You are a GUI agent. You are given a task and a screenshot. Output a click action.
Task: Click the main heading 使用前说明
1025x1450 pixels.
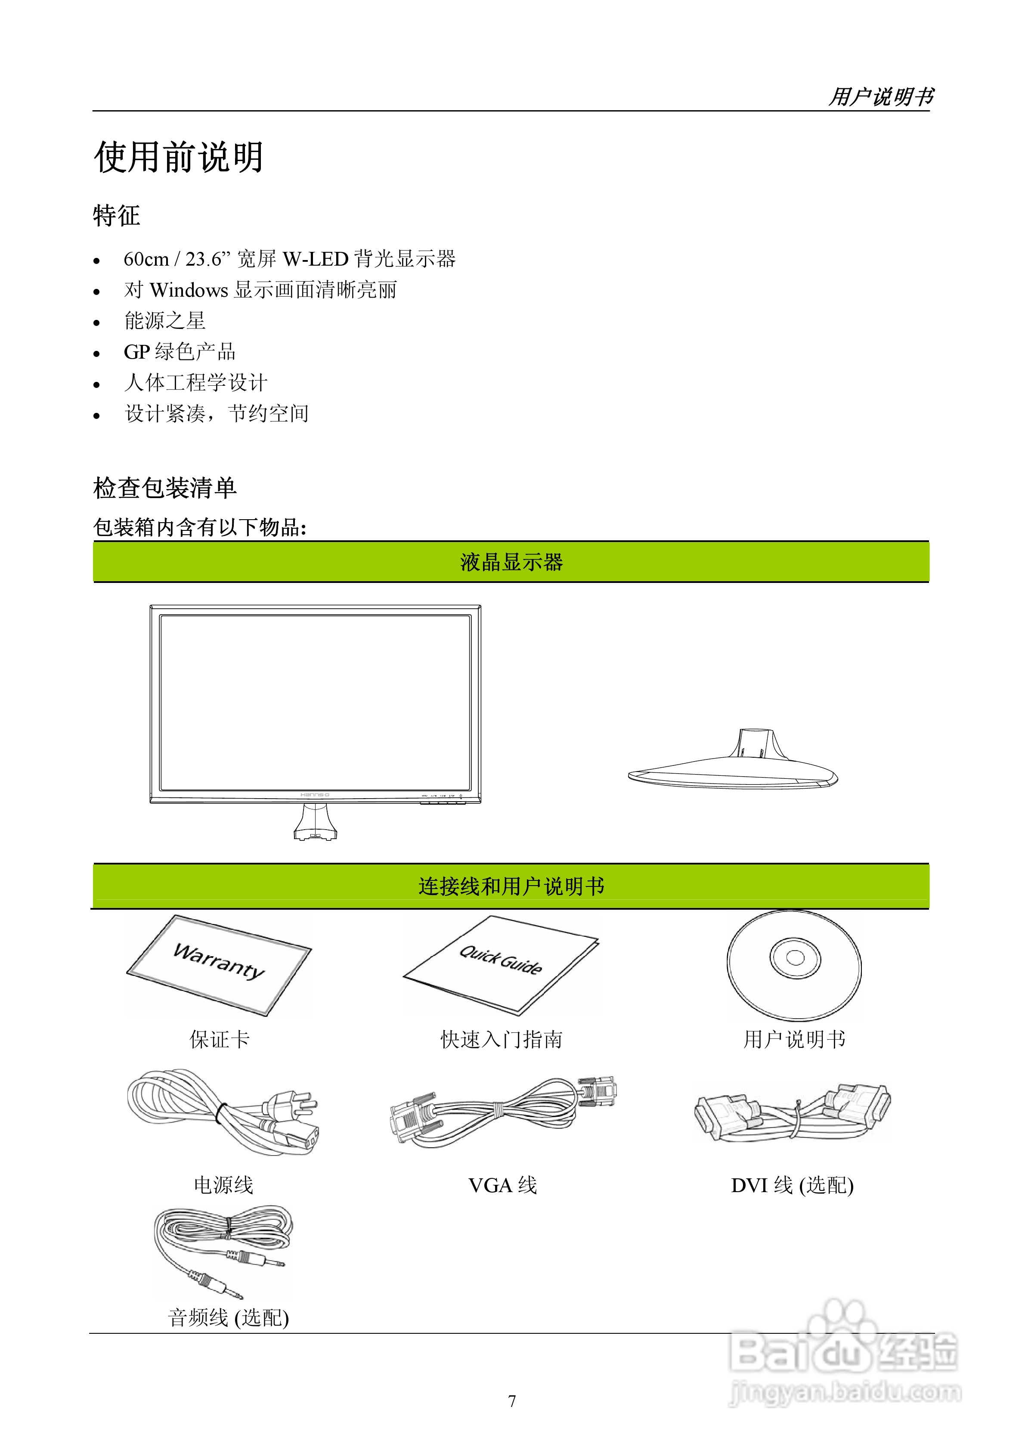(x=179, y=157)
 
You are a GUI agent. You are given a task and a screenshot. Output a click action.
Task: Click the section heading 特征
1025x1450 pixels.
(x=116, y=215)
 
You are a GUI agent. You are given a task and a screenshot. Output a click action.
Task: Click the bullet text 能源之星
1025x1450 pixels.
(x=165, y=321)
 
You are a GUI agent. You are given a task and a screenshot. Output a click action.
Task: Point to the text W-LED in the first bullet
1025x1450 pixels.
(x=315, y=259)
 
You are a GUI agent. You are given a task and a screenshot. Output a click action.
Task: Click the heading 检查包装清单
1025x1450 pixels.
(x=165, y=487)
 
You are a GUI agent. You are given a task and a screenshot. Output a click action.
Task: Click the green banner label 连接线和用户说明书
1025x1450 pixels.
(x=511, y=886)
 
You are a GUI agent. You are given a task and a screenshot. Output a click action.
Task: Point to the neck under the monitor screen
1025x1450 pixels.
(x=315, y=821)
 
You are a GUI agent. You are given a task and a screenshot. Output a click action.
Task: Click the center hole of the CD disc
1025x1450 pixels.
(x=795, y=957)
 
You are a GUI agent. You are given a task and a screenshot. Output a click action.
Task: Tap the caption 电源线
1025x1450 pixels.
(x=223, y=1185)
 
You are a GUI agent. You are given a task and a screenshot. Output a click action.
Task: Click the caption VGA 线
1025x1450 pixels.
(x=502, y=1185)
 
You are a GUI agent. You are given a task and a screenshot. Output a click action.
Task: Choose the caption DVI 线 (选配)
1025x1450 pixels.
(x=792, y=1185)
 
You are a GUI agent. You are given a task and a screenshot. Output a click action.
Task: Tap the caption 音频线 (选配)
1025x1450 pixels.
(x=228, y=1317)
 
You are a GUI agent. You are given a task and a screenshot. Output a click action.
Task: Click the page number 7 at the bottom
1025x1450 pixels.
(x=512, y=1401)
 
